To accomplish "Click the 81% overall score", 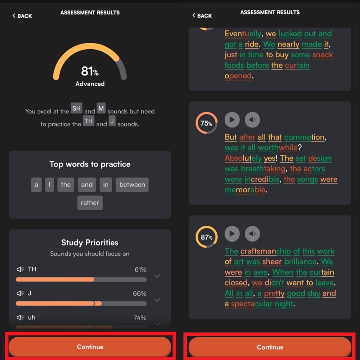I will [x=90, y=71].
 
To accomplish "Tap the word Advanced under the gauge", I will [x=90, y=84].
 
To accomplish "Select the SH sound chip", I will [x=77, y=108].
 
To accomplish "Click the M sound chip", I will [x=101, y=108].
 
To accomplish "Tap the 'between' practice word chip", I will [x=132, y=185].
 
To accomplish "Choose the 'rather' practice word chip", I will [x=90, y=203].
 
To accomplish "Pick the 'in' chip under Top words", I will [x=105, y=185].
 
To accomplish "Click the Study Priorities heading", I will [x=90, y=243].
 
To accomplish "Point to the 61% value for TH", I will [x=140, y=270].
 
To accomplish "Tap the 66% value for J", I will [x=140, y=294].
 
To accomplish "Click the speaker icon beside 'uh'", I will [x=20, y=318].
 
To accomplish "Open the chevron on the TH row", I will [x=157, y=276].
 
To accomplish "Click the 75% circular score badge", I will [x=206, y=123].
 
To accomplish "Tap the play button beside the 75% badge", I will [x=232, y=120].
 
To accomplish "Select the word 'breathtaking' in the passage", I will [x=264, y=169].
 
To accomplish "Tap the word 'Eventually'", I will [x=243, y=34].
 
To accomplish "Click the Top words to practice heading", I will [x=90, y=164].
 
